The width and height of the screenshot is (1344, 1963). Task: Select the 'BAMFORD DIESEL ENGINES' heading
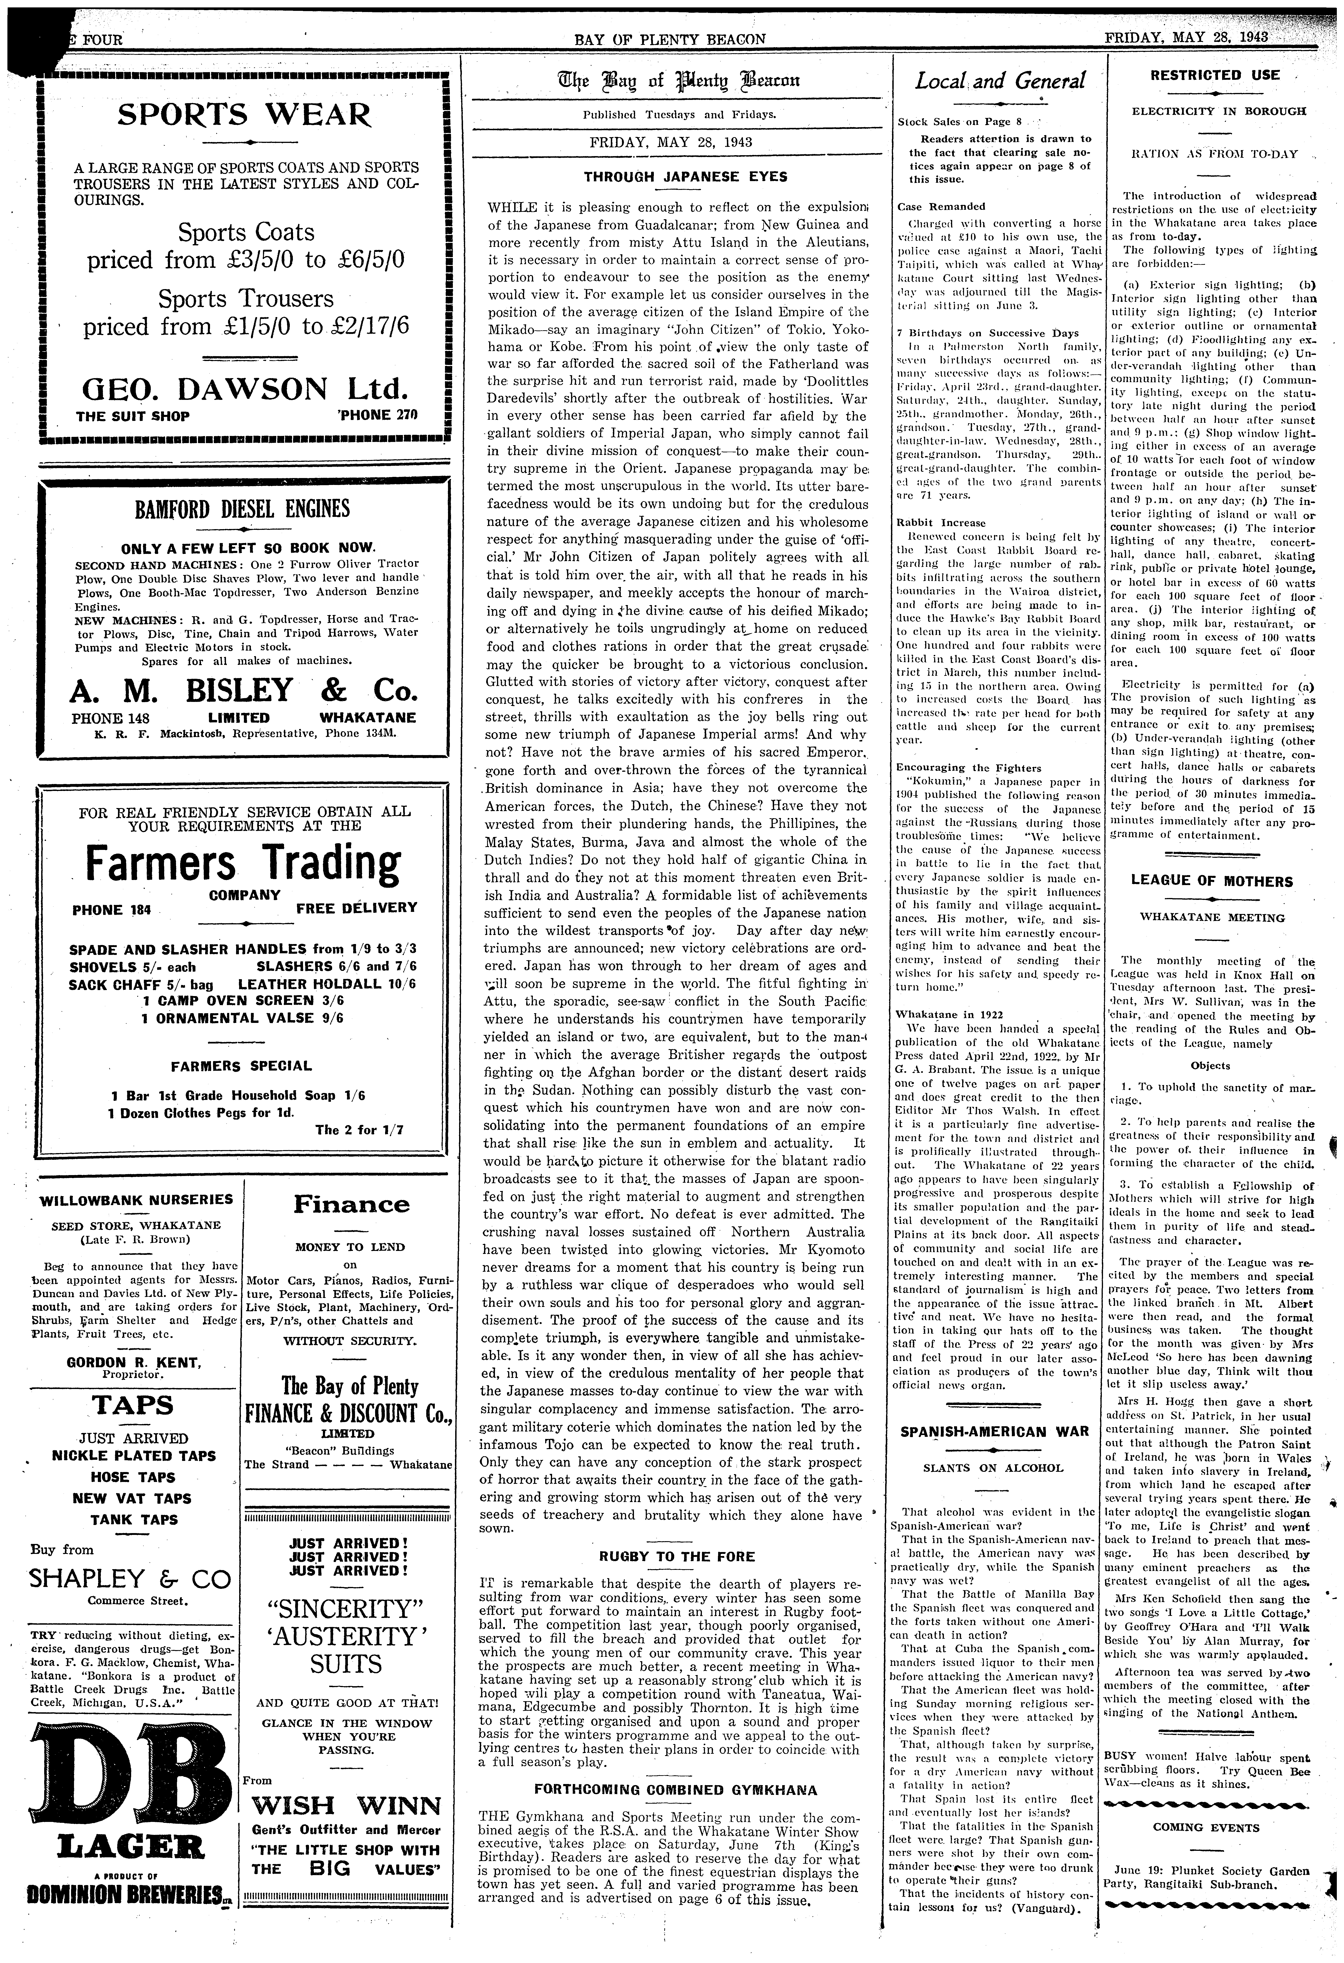(x=242, y=509)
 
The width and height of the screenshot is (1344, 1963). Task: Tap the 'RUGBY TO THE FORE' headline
(x=677, y=1556)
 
